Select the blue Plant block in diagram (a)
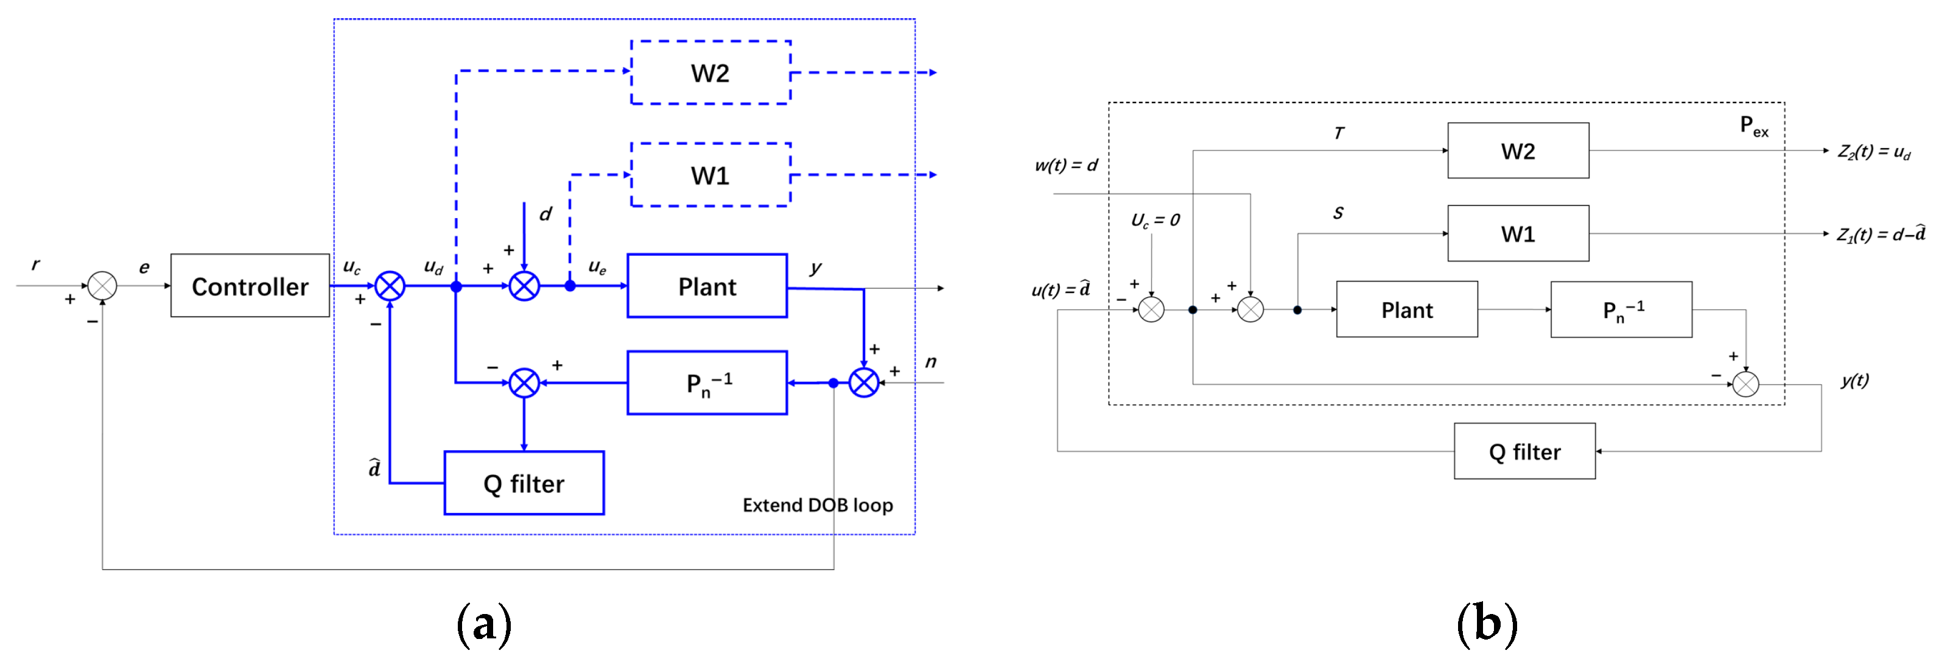[707, 286]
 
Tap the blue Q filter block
[524, 483]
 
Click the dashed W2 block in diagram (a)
[710, 72]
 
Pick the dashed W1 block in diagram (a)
[710, 175]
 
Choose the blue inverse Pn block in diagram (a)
[707, 383]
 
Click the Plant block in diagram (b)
[1407, 309]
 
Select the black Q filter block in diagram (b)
[1524, 451]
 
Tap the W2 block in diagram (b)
[1518, 150]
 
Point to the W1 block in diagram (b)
[1518, 233]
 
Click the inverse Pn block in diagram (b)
[1621, 309]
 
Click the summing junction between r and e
[102, 286]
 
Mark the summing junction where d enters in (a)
[524, 286]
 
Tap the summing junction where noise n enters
[863, 383]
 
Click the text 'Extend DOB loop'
[818, 505]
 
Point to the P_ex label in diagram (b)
[1754, 127]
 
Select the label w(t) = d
[1066, 165]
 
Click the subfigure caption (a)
[484, 624]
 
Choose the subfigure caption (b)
[1487, 624]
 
